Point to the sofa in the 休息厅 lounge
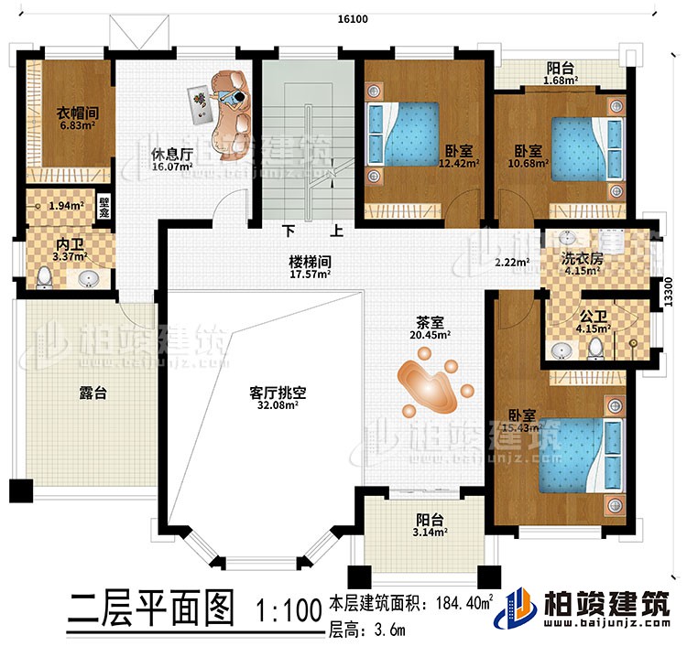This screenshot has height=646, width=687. pyautogui.click(x=233, y=110)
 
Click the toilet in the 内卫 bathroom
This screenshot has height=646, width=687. pyautogui.click(x=42, y=277)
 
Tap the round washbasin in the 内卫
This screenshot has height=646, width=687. pyautogui.click(x=89, y=277)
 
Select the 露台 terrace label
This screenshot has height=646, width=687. pyautogui.click(x=93, y=393)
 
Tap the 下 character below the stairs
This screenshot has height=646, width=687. pyautogui.click(x=289, y=232)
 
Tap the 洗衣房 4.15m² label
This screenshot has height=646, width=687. pyautogui.click(x=583, y=264)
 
